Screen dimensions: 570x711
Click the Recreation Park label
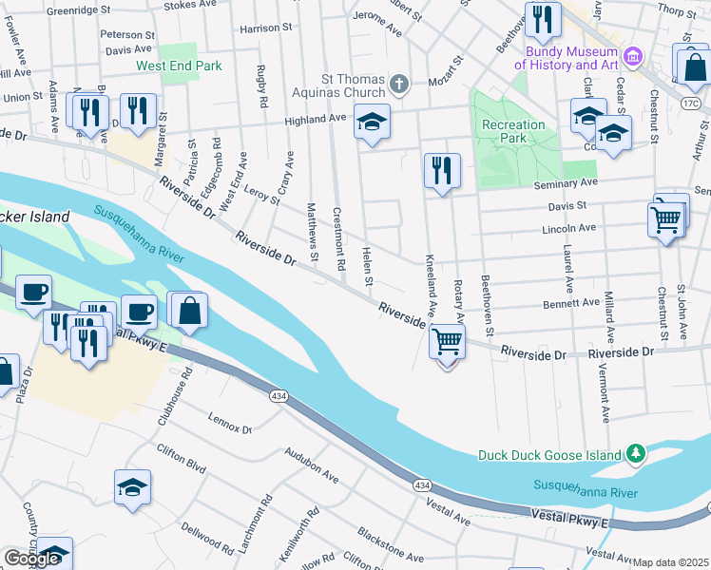pos(513,131)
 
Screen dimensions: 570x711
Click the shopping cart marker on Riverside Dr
pos(447,341)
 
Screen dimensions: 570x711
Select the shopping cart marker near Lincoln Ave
pos(666,220)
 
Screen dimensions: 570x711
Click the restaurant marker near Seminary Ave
pos(442,171)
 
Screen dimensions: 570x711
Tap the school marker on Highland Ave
pos(372,122)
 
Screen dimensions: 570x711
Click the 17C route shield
pos(691,100)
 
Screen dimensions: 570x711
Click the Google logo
pos(31,559)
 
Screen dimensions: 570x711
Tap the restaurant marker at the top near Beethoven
pos(542,21)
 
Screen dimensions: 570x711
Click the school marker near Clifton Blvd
pos(132,488)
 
